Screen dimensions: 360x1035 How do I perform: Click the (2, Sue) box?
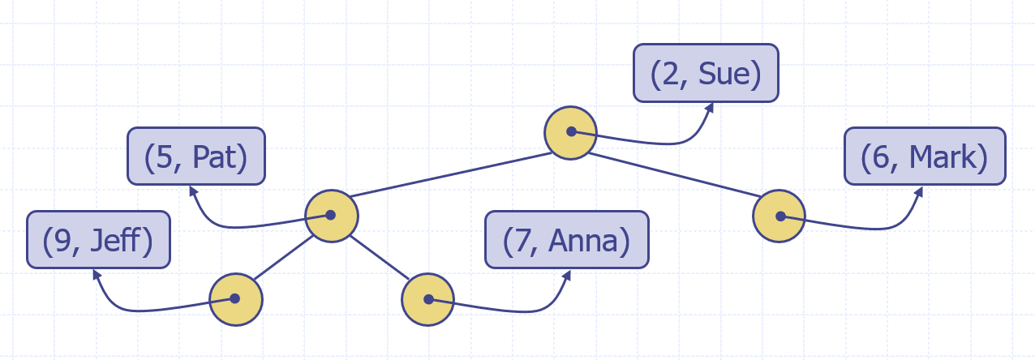(706, 74)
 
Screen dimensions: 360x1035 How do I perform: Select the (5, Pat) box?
(195, 156)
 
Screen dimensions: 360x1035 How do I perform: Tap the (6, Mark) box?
(925, 156)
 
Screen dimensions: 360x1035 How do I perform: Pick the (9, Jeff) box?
(98, 240)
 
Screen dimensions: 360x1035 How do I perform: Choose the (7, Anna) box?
(566, 240)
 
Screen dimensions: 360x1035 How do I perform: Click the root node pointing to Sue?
(570, 131)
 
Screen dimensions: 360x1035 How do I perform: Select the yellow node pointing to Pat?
(331, 216)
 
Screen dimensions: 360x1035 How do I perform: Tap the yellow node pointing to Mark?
(779, 216)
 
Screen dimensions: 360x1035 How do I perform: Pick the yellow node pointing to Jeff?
(236, 299)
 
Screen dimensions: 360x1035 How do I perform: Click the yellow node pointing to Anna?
(427, 299)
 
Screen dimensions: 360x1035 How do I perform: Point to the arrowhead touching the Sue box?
(709, 107)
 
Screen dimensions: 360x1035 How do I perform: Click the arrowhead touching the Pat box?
(192, 190)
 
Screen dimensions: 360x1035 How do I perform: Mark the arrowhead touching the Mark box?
(920, 192)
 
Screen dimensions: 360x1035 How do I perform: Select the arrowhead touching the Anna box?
(566, 275)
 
